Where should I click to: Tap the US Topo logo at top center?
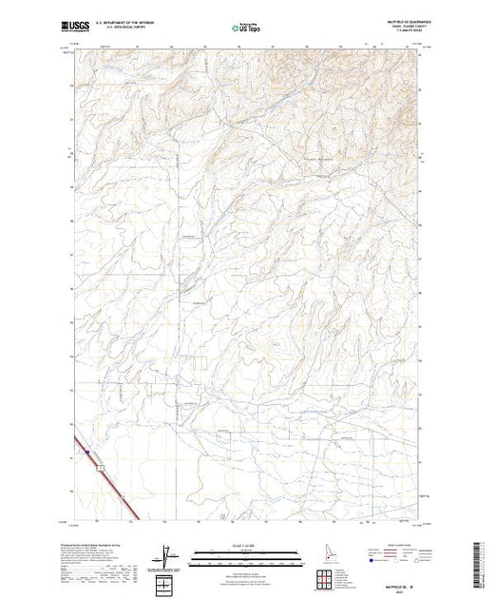click(246, 28)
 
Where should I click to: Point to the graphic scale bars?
click(246, 554)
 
